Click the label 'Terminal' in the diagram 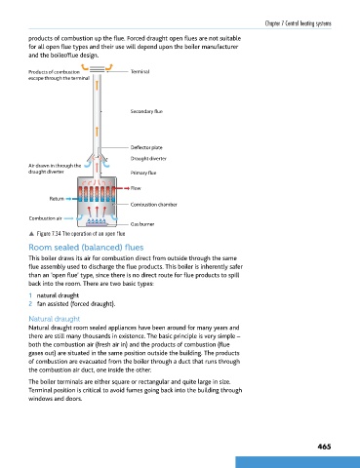(140, 71)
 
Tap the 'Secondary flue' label (146, 111)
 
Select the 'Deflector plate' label (146, 147)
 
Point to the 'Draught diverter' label (148, 159)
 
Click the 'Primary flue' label (143, 173)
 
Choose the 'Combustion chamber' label (154, 205)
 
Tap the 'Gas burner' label (142, 224)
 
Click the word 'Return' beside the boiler (57, 199)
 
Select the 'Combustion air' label (45, 218)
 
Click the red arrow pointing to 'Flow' (122, 188)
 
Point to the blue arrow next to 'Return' (70, 199)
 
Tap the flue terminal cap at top (97, 69)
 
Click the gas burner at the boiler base (97, 222)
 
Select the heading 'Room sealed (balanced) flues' (86, 248)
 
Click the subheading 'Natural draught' (55, 319)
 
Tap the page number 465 (324, 447)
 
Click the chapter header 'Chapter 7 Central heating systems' (299, 23)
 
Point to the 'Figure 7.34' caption (81, 234)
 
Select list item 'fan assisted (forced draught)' (76, 304)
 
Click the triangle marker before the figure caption (31, 234)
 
